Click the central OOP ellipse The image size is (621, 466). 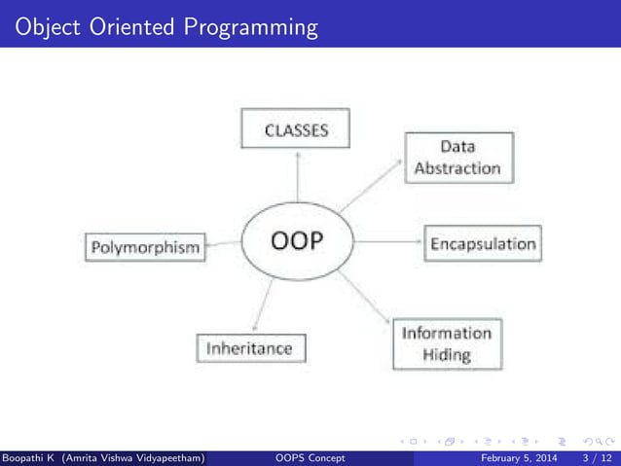pyautogui.click(x=297, y=242)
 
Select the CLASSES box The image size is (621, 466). pyautogui.click(x=297, y=129)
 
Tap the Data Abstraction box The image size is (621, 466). pyautogui.click(x=457, y=158)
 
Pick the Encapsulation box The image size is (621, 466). pyautogui.click(x=483, y=243)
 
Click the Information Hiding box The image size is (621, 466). pyautogui.click(x=448, y=343)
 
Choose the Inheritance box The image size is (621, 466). pyautogui.click(x=250, y=347)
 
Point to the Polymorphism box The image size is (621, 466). pyautogui.click(x=145, y=247)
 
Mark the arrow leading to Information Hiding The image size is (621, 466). pyautogui.click(x=364, y=297)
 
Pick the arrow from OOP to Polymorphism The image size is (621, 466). pyautogui.click(x=222, y=244)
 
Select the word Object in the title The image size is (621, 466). pyautogui.click(x=44, y=26)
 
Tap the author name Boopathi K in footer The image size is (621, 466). pyautogui.click(x=29, y=457)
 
